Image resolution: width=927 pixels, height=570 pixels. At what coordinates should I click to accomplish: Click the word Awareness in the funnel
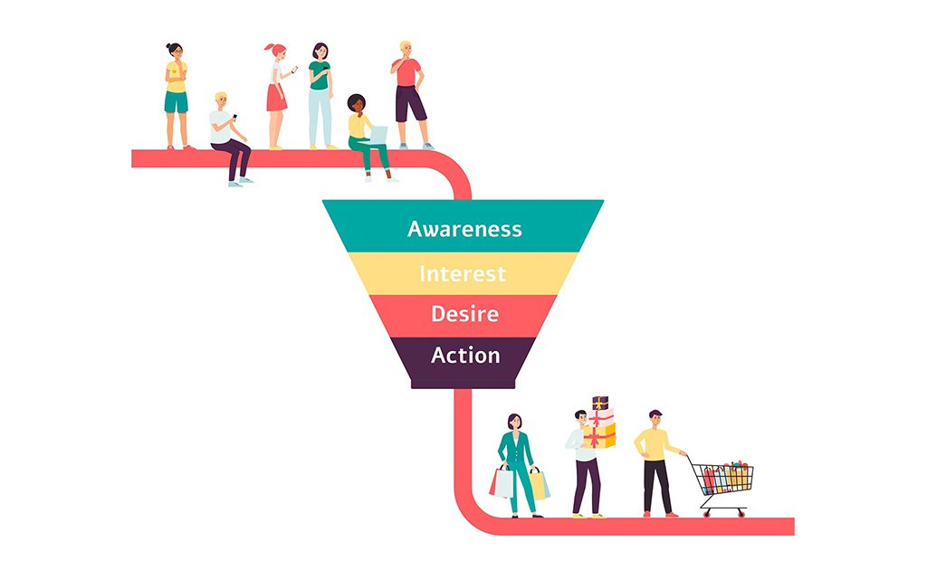(x=463, y=229)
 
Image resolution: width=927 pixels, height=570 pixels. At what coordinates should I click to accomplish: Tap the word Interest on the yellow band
(x=462, y=273)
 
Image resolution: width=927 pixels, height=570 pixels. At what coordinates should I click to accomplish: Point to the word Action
(x=464, y=356)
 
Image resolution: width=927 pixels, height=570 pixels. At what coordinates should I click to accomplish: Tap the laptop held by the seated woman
(x=378, y=134)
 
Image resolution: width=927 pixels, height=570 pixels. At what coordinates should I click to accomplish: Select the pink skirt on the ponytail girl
(x=276, y=97)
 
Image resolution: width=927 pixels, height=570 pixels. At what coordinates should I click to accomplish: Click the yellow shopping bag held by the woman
(x=539, y=485)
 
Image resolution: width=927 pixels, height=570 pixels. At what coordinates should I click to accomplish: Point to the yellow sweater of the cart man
(x=654, y=443)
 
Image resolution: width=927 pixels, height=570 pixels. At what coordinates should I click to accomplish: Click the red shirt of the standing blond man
(x=409, y=72)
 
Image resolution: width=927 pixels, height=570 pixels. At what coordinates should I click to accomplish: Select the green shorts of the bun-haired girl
(x=176, y=102)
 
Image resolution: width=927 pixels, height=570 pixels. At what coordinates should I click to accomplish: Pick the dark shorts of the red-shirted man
(x=411, y=104)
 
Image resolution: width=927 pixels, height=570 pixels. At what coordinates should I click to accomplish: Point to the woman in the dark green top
(x=320, y=90)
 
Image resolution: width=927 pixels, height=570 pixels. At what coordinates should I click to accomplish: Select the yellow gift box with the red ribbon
(x=600, y=437)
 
